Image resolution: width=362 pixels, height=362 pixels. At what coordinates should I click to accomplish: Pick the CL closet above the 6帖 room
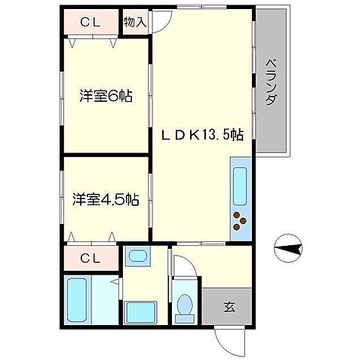(x=90, y=23)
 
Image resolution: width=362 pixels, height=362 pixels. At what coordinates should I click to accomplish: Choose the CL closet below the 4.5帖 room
(x=90, y=259)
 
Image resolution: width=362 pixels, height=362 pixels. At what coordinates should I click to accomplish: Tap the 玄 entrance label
(x=228, y=307)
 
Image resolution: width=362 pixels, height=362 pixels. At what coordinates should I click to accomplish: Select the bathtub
(x=78, y=300)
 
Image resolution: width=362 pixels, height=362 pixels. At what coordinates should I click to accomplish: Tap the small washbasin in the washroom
(x=137, y=256)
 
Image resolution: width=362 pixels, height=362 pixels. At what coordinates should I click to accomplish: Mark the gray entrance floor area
(x=227, y=307)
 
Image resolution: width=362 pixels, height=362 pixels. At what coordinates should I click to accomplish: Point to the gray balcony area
(x=271, y=83)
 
